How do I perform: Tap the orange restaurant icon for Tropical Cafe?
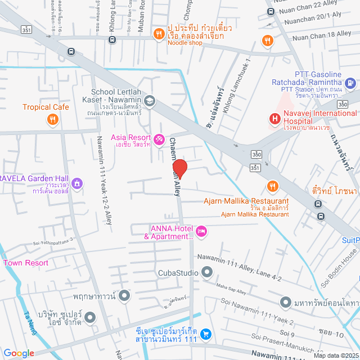[52, 119]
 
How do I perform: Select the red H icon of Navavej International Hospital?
[275, 119]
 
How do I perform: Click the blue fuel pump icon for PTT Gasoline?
[350, 84]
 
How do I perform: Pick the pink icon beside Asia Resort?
[159, 138]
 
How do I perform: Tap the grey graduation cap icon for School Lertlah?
[149, 101]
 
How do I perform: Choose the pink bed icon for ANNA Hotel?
[201, 230]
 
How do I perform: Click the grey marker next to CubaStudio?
[207, 273]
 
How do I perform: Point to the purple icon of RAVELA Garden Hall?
[76, 183]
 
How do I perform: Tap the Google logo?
[19, 353]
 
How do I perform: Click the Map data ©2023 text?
[335, 355]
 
